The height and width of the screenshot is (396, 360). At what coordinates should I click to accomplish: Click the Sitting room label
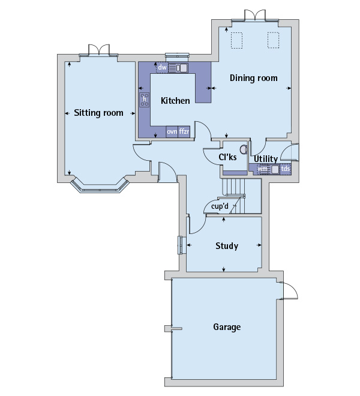pyautogui.click(x=98, y=113)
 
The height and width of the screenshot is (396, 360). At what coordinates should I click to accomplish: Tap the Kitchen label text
pyautogui.click(x=175, y=101)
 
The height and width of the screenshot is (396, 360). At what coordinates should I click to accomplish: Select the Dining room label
pyautogui.click(x=253, y=78)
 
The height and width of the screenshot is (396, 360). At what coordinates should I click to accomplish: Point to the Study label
pyautogui.click(x=227, y=246)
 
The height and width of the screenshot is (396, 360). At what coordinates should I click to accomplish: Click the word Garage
pyautogui.click(x=227, y=327)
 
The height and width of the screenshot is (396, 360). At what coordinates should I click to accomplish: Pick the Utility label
pyautogui.click(x=266, y=159)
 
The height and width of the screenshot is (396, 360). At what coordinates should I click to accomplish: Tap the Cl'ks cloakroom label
pyautogui.click(x=227, y=157)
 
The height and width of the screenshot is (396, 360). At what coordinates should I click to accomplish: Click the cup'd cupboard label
pyautogui.click(x=220, y=206)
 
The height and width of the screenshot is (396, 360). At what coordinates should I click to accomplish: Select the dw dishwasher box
pyautogui.click(x=162, y=68)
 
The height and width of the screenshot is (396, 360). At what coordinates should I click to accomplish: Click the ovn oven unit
pyautogui.click(x=172, y=131)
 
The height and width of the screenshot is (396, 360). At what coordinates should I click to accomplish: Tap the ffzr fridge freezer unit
pyautogui.click(x=184, y=131)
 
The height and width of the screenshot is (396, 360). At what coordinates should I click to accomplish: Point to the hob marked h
pyautogui.click(x=145, y=100)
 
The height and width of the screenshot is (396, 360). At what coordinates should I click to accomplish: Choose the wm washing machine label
pyautogui.click(x=263, y=169)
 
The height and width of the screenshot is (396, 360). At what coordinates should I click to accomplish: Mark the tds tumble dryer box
pyautogui.click(x=286, y=169)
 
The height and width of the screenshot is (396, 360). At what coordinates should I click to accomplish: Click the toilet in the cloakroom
pyautogui.click(x=244, y=149)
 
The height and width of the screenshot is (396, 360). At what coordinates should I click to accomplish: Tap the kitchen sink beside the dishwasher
pyautogui.click(x=178, y=68)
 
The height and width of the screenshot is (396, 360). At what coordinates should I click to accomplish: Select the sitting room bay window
pyautogui.click(x=100, y=187)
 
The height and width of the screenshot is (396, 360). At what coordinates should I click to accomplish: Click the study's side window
pyautogui.click(x=181, y=245)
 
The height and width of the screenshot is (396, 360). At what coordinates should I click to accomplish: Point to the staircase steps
pyautogui.click(x=233, y=196)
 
